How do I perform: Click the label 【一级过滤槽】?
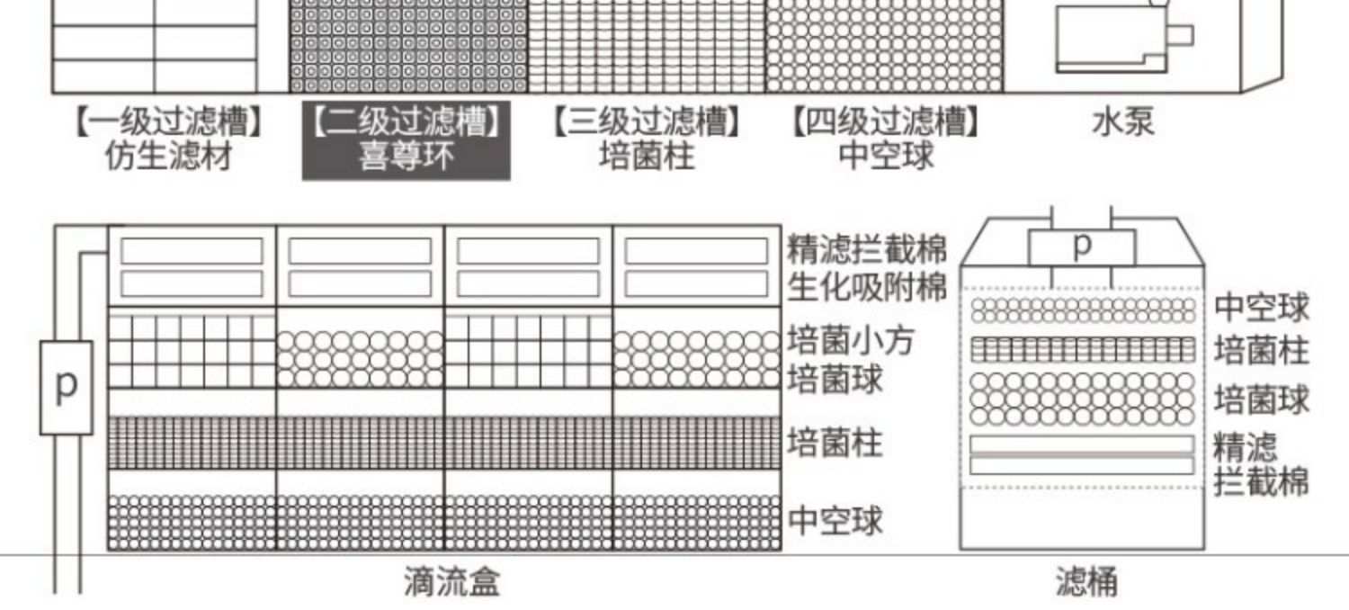click(169, 121)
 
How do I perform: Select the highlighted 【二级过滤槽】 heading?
click(406, 121)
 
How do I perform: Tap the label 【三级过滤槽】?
click(647, 121)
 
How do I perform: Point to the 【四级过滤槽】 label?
click(886, 121)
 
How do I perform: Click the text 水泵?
click(1122, 121)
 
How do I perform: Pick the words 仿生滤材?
click(169, 157)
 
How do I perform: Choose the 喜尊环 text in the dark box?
click(406, 157)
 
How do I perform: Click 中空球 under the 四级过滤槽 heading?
click(886, 157)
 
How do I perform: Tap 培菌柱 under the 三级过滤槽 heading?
click(647, 157)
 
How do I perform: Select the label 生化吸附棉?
click(867, 288)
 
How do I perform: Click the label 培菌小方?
click(850, 341)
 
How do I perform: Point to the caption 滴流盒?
click(451, 582)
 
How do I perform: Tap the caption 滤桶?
click(1086, 582)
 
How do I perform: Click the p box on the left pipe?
click(66, 387)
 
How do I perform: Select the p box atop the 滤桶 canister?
click(1083, 246)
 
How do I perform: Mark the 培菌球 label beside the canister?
click(1262, 399)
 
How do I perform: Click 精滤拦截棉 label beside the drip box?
click(867, 249)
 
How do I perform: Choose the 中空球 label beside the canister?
click(1262, 308)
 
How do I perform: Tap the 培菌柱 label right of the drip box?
click(835, 443)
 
